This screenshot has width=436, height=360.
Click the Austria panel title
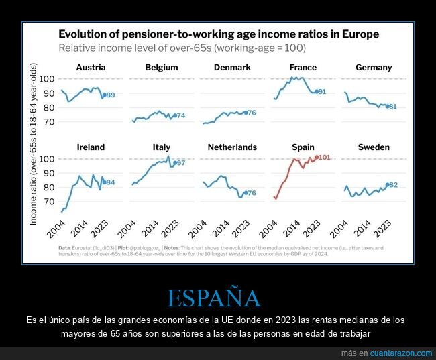pos(91,68)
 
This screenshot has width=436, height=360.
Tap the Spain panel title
pos(303,147)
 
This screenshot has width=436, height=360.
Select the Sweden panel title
pos(374,147)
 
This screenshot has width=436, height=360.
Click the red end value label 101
pos(325,158)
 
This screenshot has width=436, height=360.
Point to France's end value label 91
pos(321,92)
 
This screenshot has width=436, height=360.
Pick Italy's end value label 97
pos(180,163)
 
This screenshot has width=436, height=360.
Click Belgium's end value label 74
pos(180,116)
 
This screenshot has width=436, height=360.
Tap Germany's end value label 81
pos(392,107)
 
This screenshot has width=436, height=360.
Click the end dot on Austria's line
pos(103,95)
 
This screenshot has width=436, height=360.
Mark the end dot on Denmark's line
pos(246,113)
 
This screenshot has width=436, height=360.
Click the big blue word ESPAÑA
pos(213,298)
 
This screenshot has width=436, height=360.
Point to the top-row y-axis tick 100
pos(46,79)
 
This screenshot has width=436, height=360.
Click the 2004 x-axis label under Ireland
pos(60,229)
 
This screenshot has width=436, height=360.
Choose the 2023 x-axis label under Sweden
pos(383,229)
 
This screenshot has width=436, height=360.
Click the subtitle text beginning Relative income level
pos(182,48)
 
